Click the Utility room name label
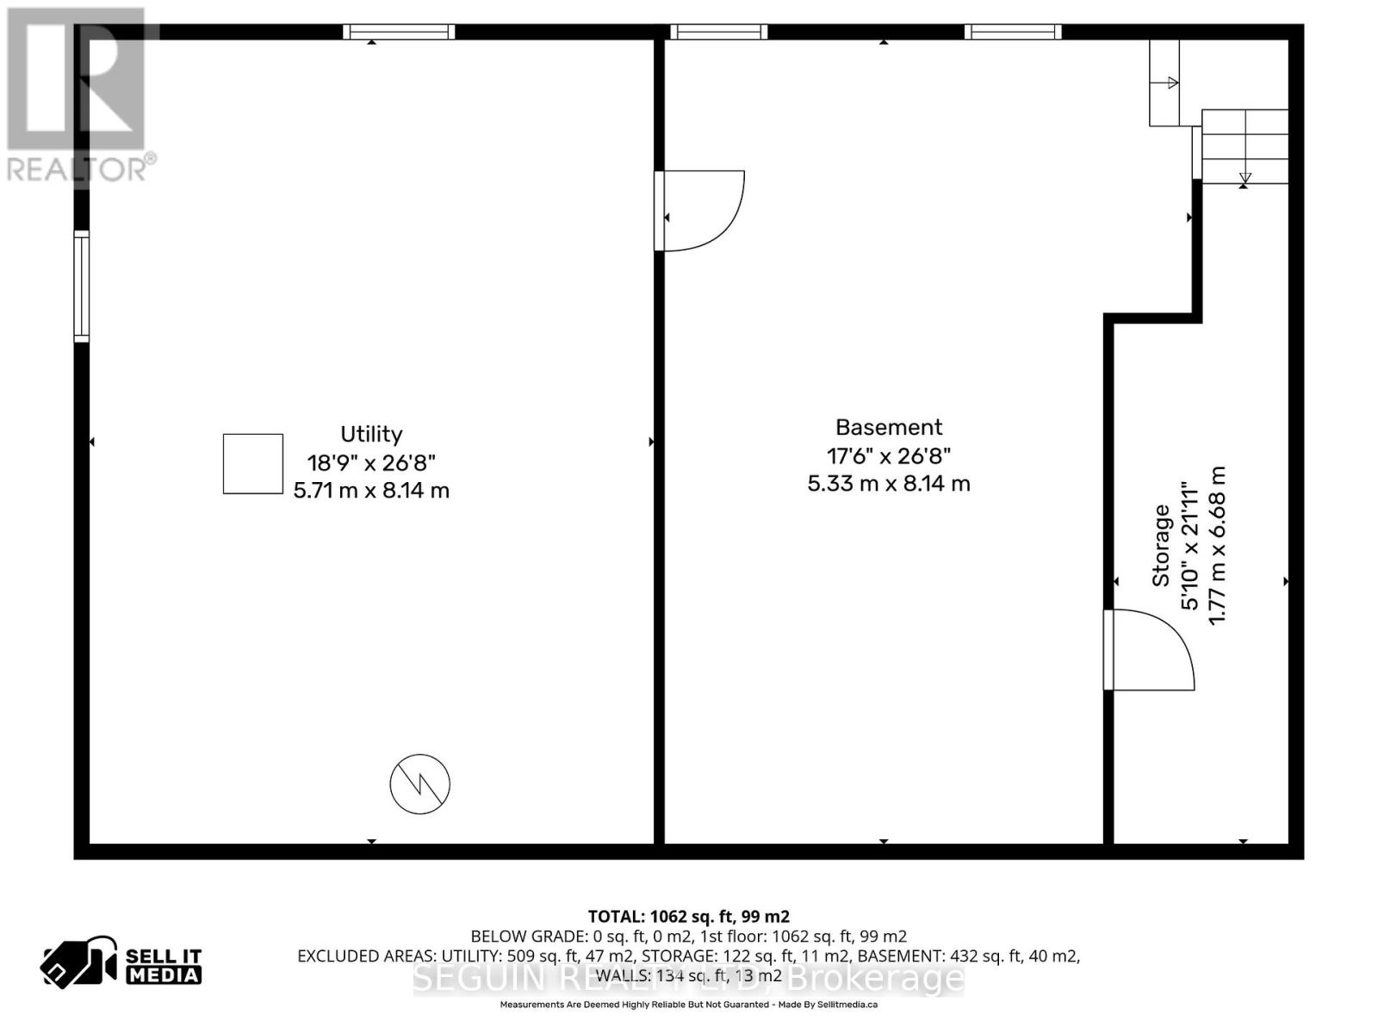[371, 434]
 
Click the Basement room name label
[889, 427]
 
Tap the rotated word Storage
[1161, 546]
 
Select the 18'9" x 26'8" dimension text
[371, 462]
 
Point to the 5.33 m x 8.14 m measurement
[889, 484]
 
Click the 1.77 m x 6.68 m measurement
[1217, 546]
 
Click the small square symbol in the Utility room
[253, 464]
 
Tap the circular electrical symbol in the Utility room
[420, 784]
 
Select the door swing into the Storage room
[1148, 650]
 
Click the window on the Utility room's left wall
[82, 287]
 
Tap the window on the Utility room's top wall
[399, 32]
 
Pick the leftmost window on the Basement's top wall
[719, 32]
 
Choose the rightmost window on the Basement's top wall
[1013, 32]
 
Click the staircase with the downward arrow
[1245, 146]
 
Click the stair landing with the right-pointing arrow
[1164, 83]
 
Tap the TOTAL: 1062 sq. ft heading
[688, 917]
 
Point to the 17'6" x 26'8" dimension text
[889, 455]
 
